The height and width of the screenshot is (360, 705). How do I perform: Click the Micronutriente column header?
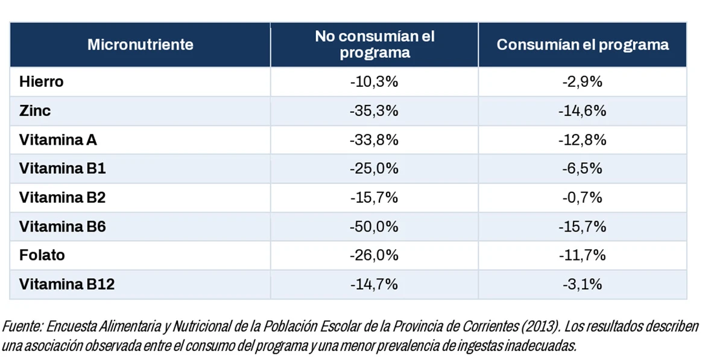141,45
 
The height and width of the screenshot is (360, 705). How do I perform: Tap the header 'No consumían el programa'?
375,44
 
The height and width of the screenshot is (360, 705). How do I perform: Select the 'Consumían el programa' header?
583,45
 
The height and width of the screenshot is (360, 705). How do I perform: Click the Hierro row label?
42,82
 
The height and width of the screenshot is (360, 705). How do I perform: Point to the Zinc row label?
34,110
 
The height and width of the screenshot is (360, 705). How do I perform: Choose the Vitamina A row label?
58,140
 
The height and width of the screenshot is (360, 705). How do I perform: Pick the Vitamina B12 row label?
67,284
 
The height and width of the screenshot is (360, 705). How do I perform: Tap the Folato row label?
42,255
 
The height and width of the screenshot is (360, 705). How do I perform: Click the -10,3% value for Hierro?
374,82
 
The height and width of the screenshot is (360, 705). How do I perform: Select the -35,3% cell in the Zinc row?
374,110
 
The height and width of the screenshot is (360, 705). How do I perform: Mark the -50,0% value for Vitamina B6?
374,226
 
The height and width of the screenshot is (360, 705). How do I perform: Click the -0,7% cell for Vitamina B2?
582,197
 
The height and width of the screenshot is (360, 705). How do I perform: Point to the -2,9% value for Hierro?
582,82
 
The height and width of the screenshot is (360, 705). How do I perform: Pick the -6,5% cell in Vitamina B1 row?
582,168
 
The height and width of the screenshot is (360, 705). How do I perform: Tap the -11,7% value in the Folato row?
582,255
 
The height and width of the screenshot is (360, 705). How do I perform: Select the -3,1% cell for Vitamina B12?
582,284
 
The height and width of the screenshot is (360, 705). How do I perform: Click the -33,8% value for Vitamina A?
374,140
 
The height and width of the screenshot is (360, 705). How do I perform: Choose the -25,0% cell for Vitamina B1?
374,168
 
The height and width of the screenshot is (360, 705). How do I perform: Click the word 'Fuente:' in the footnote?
22,327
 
